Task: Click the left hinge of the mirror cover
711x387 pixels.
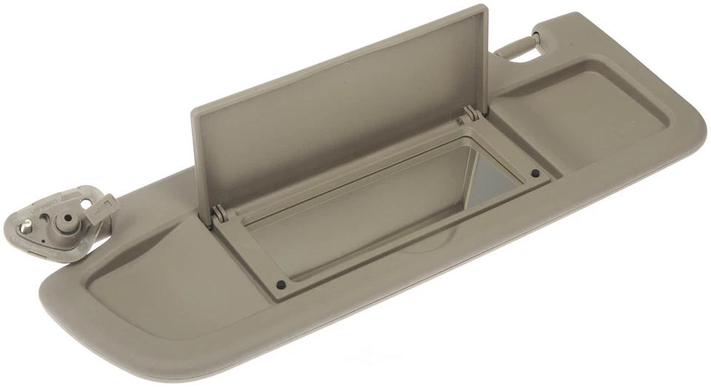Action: pos(218,214)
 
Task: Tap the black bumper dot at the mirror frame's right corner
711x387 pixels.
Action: pos(534,174)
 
